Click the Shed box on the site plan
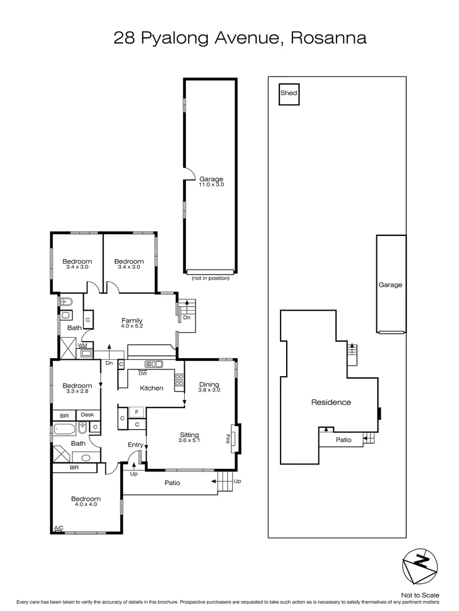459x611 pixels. click(x=288, y=94)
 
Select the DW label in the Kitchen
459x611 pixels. click(x=143, y=373)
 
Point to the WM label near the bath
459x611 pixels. click(x=82, y=345)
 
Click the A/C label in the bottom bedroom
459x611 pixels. click(x=58, y=528)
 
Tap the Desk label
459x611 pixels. click(x=87, y=415)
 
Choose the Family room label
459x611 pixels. click(x=131, y=320)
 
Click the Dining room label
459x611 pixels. click(x=209, y=384)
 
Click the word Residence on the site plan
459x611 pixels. click(x=331, y=403)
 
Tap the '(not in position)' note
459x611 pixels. click(x=210, y=278)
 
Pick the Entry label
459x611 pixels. click(x=135, y=445)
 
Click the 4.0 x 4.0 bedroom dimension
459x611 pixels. click(x=86, y=505)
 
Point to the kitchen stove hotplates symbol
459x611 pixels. click(x=179, y=380)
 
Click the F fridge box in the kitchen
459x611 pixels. click(x=137, y=412)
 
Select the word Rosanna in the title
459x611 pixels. click(x=329, y=38)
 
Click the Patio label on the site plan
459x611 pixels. click(x=343, y=440)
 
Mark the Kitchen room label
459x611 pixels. click(x=152, y=388)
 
